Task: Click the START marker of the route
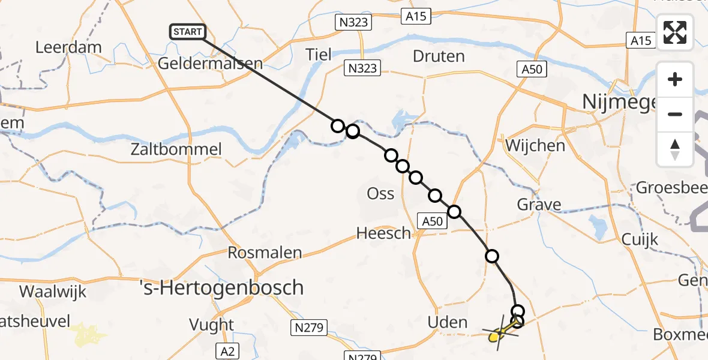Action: point(188,32)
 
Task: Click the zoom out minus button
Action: point(675,114)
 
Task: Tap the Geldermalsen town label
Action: point(211,64)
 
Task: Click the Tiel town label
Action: point(318,55)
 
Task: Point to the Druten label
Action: point(439,56)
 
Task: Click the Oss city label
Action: point(380,193)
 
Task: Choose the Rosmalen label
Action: point(265,253)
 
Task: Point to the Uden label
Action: point(446,322)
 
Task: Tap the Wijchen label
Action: point(535,145)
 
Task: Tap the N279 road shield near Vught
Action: point(310,327)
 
